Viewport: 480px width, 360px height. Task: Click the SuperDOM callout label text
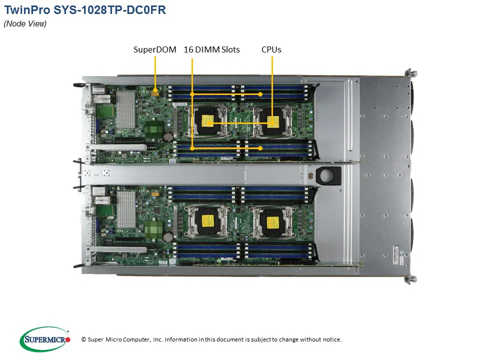point(154,49)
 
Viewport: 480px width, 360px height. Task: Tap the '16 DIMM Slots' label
point(211,49)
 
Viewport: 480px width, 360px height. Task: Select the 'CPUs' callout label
point(271,49)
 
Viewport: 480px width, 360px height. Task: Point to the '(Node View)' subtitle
point(25,24)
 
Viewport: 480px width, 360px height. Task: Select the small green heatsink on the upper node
point(154,129)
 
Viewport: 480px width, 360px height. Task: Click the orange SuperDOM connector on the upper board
point(155,91)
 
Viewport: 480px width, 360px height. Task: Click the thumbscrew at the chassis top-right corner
point(408,72)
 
